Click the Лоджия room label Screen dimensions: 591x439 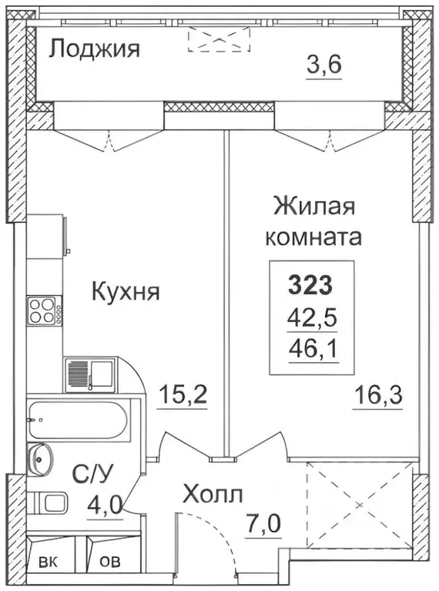[95, 51]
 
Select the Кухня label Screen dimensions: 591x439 [126, 292]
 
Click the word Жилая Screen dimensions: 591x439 [313, 208]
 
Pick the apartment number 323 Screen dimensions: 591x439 [310, 285]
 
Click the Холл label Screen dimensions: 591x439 [213, 494]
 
